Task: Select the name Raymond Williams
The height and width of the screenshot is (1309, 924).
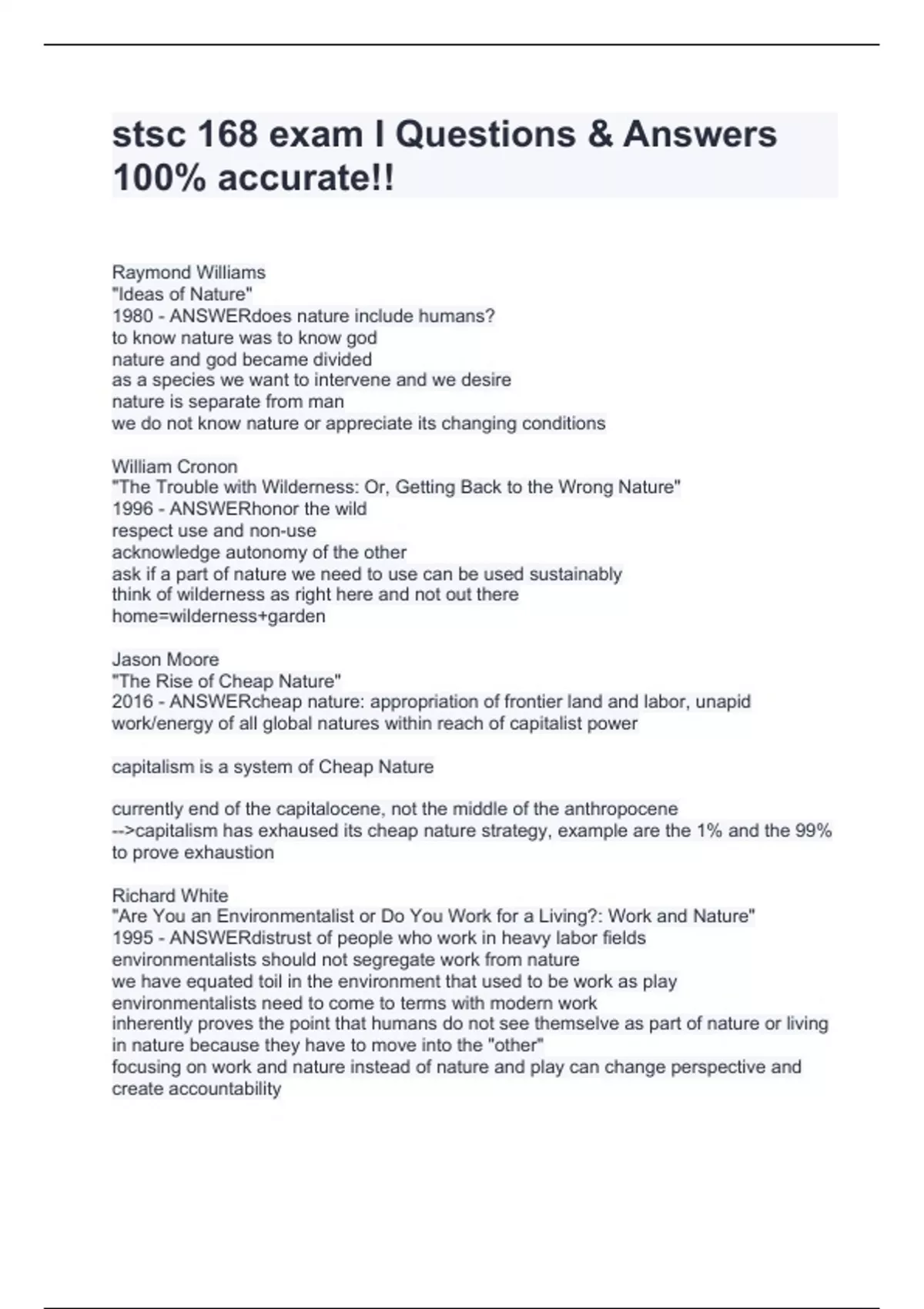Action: (x=189, y=273)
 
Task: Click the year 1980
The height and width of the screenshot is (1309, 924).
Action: (x=132, y=316)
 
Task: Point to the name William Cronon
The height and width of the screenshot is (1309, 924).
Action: (x=175, y=467)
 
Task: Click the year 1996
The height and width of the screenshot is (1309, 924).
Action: (x=132, y=509)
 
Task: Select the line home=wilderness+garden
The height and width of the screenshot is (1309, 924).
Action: (x=219, y=616)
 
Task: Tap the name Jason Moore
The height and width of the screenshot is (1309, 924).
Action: (x=166, y=659)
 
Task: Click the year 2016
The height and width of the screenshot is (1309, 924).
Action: (x=132, y=701)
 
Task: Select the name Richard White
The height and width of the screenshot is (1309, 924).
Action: (x=170, y=896)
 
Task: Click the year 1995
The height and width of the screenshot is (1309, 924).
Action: (x=132, y=938)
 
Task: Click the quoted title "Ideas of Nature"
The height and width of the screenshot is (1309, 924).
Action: (x=182, y=294)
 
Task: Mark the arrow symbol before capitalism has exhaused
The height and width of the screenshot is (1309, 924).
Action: (x=123, y=831)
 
